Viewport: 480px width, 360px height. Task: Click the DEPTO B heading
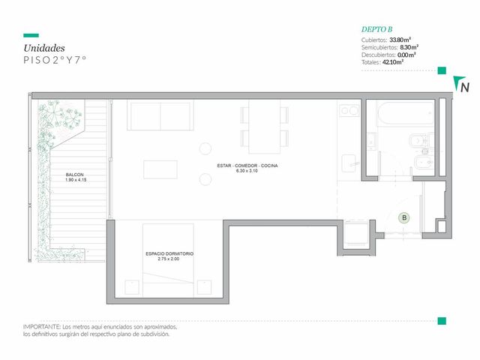[376, 29]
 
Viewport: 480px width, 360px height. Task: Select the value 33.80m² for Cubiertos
[400, 40]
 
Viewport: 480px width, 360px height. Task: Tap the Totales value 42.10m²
[393, 62]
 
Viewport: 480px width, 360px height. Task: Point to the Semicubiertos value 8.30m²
[409, 47]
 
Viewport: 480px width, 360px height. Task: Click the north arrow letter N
[465, 87]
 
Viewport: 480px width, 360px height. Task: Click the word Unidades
[44, 48]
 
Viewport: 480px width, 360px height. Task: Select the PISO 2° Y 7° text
[55, 60]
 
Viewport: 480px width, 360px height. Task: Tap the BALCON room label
[75, 175]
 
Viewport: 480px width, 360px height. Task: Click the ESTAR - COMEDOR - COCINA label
[247, 166]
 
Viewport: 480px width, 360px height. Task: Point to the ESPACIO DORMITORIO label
[169, 253]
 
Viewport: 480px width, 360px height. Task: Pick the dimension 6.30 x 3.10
[247, 171]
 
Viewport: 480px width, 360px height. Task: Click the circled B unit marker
[404, 218]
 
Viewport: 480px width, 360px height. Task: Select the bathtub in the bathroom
[406, 113]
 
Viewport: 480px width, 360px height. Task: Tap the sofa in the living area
[160, 115]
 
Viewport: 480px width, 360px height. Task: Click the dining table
[265, 127]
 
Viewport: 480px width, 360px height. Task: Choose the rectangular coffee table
[160, 169]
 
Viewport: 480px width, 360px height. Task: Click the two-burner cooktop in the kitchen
[349, 110]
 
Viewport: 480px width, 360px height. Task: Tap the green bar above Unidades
[31, 35]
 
